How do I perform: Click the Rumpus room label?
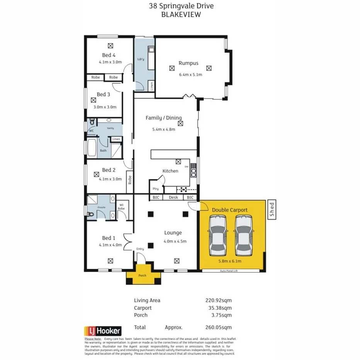pyautogui.click(x=188, y=63)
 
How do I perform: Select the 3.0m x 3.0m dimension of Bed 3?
pyautogui.click(x=105, y=107)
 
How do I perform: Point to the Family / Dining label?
pyautogui.click(x=163, y=118)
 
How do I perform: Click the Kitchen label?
pyautogui.click(x=170, y=171)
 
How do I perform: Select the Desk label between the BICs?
pyautogui.click(x=173, y=198)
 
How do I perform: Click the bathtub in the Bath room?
pyautogui.click(x=92, y=148)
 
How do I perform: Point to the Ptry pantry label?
pyautogui.click(x=155, y=189)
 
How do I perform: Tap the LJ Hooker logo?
pyautogui.click(x=103, y=331)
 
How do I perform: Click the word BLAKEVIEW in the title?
pyautogui.click(x=181, y=14)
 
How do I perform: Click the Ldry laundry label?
pyautogui.click(x=141, y=59)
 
